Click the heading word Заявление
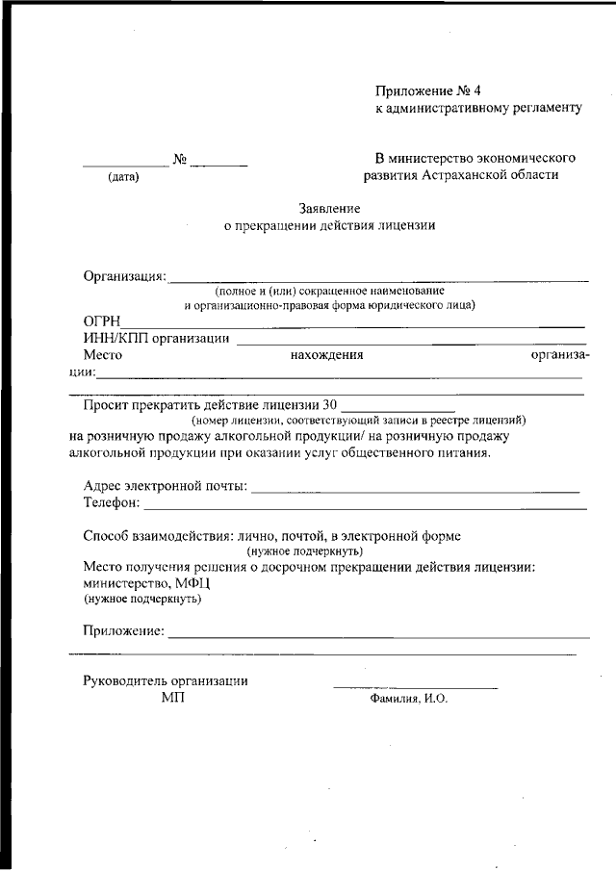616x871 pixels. click(x=329, y=208)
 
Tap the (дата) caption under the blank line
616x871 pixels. click(x=123, y=176)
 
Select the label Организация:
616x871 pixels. click(x=125, y=277)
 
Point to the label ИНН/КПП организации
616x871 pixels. click(x=157, y=338)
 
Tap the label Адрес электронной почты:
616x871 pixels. click(x=166, y=487)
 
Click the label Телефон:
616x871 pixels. click(x=112, y=502)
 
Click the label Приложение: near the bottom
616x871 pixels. click(x=124, y=631)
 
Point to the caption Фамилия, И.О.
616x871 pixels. click(x=409, y=700)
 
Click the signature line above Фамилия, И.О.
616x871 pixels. click(x=415, y=687)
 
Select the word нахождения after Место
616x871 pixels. click(x=326, y=354)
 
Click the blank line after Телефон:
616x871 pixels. click(x=366, y=507)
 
